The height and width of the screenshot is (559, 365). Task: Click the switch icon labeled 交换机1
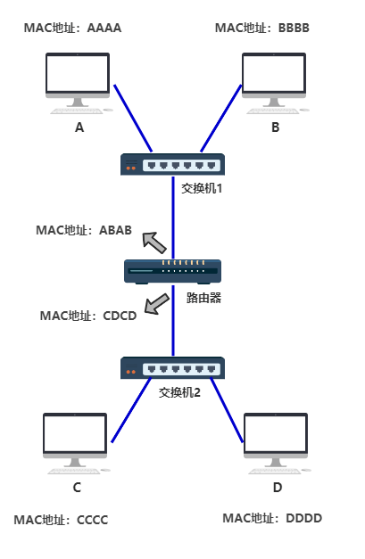(173, 164)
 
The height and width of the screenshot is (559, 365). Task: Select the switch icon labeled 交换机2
(173, 367)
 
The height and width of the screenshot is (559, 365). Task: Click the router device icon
(173, 270)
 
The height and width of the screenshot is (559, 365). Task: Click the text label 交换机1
(201, 188)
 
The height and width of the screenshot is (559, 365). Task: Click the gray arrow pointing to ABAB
(154, 241)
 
